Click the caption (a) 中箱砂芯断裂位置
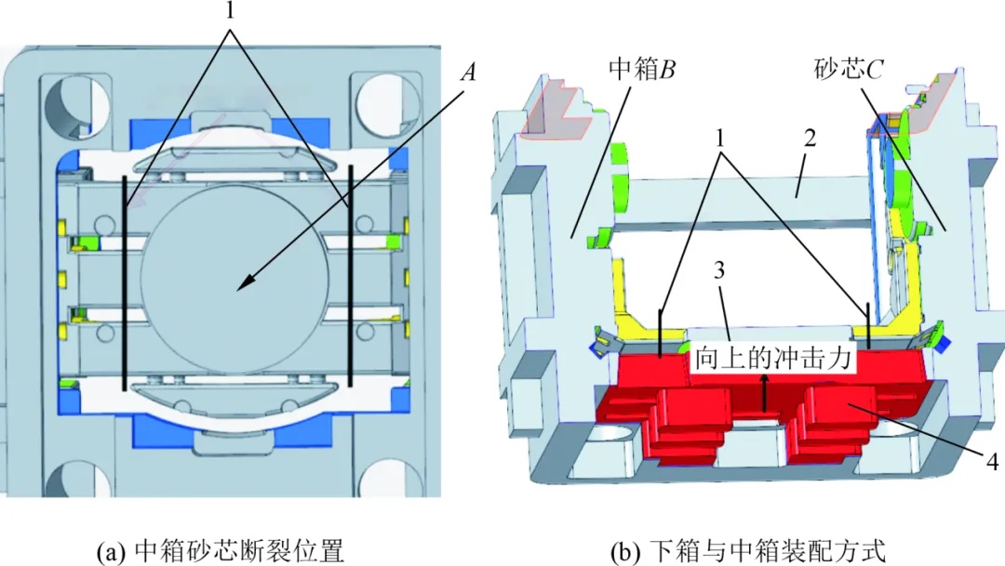click(221, 551)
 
